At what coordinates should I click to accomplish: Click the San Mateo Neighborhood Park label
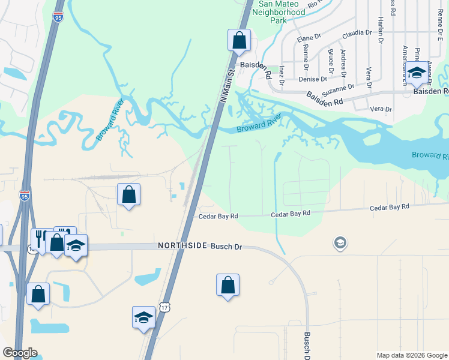pos(282,11)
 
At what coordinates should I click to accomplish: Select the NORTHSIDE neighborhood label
pos(182,246)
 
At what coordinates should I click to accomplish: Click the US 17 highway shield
pos(165,308)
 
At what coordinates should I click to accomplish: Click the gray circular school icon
pos(340,243)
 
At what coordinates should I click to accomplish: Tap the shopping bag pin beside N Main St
pos(239,40)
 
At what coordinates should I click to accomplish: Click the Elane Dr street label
pos(309,38)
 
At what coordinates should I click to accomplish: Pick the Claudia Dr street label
pos(353,35)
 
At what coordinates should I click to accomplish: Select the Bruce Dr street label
pos(330,61)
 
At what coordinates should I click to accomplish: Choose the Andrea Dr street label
pos(343,64)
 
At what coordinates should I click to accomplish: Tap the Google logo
pos(20,353)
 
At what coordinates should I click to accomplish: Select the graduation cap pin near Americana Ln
pos(416,74)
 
